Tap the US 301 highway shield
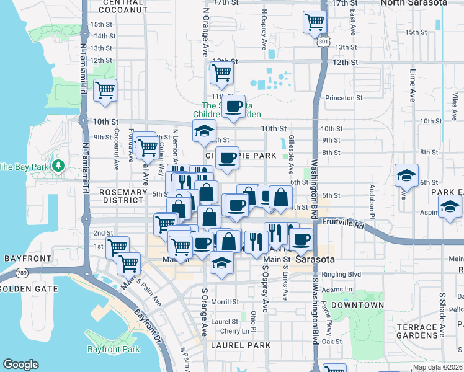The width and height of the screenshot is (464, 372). coord(322,42)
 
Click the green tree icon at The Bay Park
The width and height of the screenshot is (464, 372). coord(58,166)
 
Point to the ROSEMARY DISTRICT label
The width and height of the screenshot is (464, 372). coord(122,196)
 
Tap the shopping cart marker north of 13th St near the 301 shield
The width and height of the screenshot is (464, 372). coord(315,23)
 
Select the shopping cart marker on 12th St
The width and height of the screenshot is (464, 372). coord(221,73)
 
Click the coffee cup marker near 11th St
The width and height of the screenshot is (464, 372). coord(234,107)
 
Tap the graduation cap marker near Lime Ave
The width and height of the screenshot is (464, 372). coord(406,175)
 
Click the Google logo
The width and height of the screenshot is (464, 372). coord(20,365)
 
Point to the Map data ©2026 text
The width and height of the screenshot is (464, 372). coord(437,367)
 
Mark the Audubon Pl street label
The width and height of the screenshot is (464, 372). coord(373,193)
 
